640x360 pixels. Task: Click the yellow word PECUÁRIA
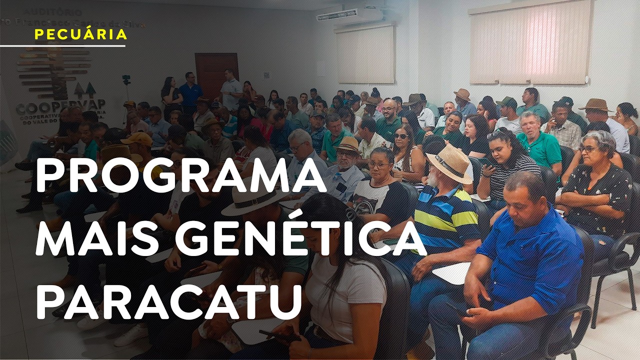coord(81,34)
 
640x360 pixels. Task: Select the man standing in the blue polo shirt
coord(190,93)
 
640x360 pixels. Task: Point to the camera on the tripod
coord(126,79)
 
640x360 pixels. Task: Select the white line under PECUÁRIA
coord(62,46)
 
